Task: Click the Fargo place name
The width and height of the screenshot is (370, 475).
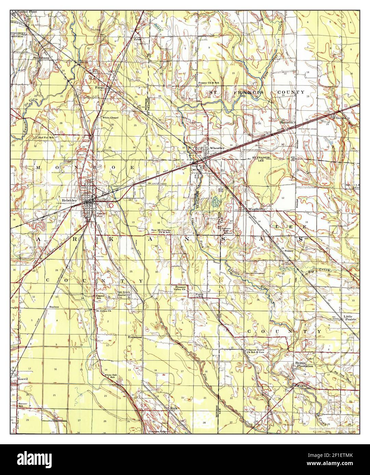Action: [100, 88]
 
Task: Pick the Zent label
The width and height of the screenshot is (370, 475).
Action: [137, 39]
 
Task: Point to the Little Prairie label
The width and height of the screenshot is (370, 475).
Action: [350, 318]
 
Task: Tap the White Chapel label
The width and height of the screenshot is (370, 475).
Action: [110, 118]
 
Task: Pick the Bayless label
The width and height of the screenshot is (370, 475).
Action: [54, 307]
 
